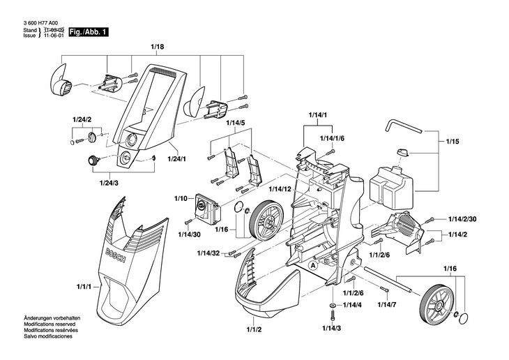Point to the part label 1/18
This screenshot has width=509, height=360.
(157, 47)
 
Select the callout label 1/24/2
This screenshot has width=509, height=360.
(82, 120)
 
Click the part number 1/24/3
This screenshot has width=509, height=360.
(109, 182)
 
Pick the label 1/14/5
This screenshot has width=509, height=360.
(236, 123)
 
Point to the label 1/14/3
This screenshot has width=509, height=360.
(332, 327)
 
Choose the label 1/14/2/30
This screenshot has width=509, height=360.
(462, 219)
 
